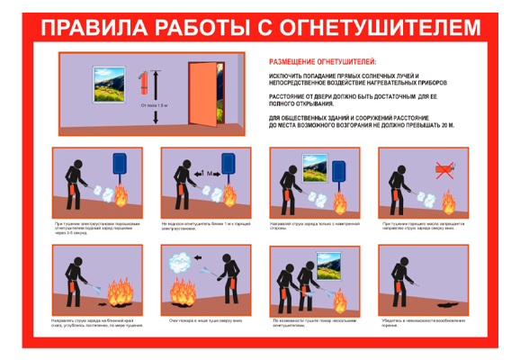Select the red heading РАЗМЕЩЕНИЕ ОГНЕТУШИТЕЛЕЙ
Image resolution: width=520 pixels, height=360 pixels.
point(319,62)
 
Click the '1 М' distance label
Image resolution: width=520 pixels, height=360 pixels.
point(205,171)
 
